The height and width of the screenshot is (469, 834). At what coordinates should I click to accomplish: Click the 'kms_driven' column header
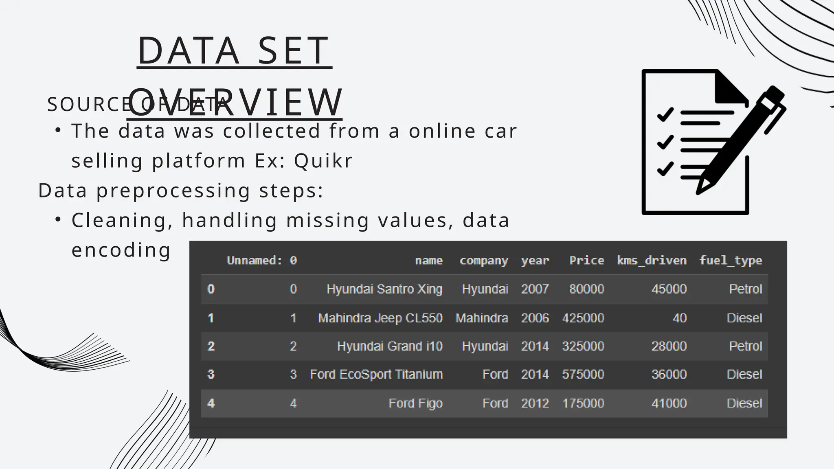click(652, 261)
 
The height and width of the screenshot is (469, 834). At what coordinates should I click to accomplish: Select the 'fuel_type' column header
click(731, 261)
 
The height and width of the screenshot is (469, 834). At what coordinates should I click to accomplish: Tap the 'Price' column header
click(586, 261)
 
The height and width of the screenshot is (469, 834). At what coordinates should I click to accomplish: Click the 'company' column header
click(484, 261)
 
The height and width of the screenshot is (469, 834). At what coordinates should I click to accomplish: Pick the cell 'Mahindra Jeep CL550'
click(380, 318)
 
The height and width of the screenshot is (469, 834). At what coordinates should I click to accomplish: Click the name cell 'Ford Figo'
click(415, 403)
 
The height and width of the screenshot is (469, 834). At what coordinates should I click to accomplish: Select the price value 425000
click(583, 318)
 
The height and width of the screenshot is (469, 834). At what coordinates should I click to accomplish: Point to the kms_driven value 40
click(679, 318)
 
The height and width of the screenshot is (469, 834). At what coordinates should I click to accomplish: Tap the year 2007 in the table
click(535, 289)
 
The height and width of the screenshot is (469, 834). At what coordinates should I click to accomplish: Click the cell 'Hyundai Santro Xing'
click(384, 289)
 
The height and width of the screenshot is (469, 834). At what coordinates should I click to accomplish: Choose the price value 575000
click(583, 375)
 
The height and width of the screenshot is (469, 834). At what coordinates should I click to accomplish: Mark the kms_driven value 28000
click(669, 346)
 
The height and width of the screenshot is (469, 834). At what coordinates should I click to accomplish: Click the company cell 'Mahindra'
click(481, 318)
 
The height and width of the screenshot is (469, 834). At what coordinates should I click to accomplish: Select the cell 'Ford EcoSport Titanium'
click(376, 375)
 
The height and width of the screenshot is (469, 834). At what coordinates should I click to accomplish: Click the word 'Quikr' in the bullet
click(323, 160)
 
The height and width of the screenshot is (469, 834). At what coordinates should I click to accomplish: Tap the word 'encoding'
click(121, 250)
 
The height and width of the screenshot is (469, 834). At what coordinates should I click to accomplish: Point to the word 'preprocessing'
click(173, 191)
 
